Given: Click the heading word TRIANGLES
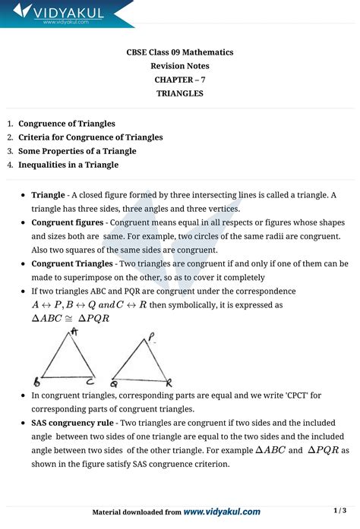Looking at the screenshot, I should point(179,93).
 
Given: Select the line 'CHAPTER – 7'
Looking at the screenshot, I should point(179,80).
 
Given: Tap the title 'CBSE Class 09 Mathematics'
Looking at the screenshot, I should point(179,52).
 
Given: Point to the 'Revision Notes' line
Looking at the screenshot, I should point(179,66).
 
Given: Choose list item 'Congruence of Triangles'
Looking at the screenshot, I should point(67,123).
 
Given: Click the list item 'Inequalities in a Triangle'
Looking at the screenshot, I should point(68,164).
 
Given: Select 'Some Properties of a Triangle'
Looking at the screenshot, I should point(77,150).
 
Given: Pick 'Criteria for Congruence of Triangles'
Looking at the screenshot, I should point(90,137).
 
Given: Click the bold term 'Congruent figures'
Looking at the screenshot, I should point(67,222).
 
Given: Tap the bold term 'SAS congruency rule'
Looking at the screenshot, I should point(72,423).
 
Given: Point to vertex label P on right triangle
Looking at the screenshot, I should point(152,336).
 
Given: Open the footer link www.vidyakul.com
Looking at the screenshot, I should point(222,512).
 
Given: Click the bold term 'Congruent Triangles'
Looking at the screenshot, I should point(71,263).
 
